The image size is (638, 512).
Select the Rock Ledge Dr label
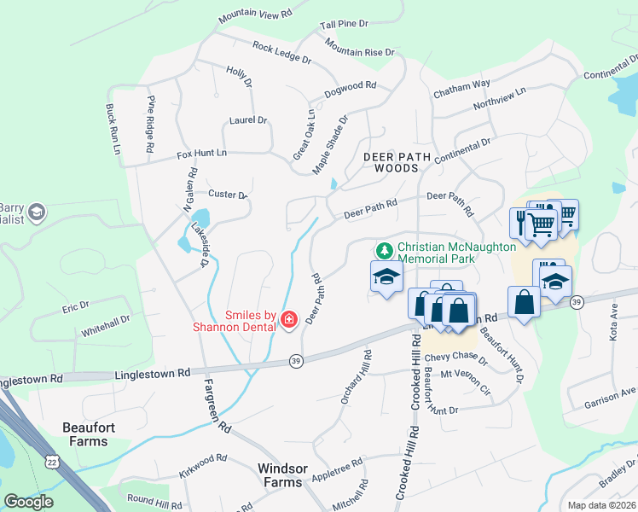tap(281, 53)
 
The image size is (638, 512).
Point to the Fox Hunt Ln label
tap(202, 154)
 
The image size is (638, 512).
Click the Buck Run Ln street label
tap(111, 130)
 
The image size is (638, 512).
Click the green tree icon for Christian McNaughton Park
tap(385, 251)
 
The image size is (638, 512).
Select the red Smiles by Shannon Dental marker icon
tap(289, 320)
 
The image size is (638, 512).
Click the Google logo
tap(28, 502)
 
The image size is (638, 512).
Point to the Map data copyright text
tap(601, 505)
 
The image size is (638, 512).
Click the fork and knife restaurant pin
tap(521, 223)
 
